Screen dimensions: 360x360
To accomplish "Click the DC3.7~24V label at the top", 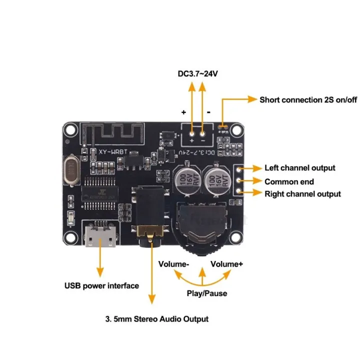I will pos(198,74).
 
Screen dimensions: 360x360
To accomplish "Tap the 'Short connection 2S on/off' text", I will pos(308,99).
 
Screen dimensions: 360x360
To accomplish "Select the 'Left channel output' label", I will pos(299,168).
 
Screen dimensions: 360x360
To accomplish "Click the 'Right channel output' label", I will pos(302,194).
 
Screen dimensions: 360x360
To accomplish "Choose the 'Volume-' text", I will pos(173,264).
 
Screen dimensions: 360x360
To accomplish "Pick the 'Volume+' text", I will pos(226,264).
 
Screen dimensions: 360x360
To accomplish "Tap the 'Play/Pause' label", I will pos(206,293).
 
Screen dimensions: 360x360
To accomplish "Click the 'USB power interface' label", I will pos(101,286).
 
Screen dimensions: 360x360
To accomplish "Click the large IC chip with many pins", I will pos(100,192).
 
